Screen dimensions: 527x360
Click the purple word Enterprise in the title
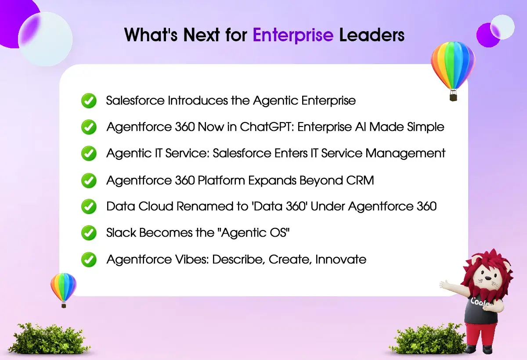(293, 35)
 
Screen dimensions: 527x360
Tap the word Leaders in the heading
(372, 35)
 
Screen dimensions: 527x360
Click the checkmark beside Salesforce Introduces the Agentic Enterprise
(89, 101)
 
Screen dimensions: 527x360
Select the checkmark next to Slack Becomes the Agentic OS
(89, 233)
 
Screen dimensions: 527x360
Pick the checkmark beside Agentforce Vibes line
(89, 259)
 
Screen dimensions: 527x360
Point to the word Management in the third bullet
(405, 154)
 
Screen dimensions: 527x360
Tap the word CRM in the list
(360, 180)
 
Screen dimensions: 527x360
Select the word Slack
(121, 233)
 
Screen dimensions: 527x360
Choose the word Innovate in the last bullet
(341, 259)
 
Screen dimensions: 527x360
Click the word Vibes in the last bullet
(192, 259)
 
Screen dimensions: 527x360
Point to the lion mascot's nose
(488, 278)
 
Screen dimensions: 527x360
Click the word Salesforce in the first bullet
(135, 101)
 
